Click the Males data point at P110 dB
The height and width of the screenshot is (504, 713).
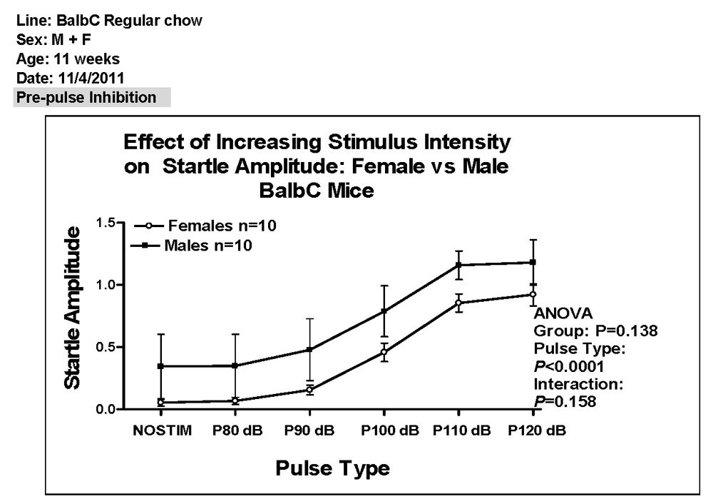click(x=458, y=265)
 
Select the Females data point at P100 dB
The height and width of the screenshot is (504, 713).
click(x=384, y=352)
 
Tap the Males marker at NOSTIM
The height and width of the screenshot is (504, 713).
click(x=161, y=366)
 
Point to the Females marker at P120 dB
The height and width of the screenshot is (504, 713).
click(x=533, y=294)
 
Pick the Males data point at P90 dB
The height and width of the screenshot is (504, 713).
click(x=309, y=350)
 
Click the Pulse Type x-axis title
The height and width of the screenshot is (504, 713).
click(x=332, y=468)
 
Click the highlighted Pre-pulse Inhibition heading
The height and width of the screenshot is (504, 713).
click(x=86, y=98)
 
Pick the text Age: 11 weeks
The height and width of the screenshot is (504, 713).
click(x=68, y=59)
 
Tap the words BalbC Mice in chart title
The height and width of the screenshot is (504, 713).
click(x=317, y=192)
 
